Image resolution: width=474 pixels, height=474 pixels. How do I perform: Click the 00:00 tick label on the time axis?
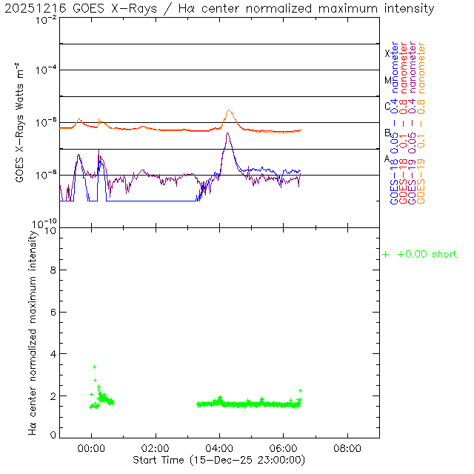pyautogui.click(x=92, y=448)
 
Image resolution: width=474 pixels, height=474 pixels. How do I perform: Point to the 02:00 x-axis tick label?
pyautogui.click(x=156, y=448)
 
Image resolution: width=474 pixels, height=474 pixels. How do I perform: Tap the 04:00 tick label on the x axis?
pyautogui.click(x=220, y=448)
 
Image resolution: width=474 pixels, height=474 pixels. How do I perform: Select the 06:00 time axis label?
pyautogui.click(x=284, y=448)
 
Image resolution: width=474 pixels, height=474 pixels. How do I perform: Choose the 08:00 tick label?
pyautogui.click(x=348, y=448)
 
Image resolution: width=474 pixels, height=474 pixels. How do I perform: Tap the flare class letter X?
pyautogui.click(x=387, y=53)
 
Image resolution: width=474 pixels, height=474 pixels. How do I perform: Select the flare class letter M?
pyautogui.click(x=387, y=80)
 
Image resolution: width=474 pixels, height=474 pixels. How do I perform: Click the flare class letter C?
pyautogui.click(x=387, y=106)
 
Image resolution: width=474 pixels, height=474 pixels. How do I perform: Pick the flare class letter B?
pyautogui.click(x=387, y=133)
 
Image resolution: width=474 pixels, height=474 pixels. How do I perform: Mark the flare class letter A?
pyautogui.click(x=387, y=158)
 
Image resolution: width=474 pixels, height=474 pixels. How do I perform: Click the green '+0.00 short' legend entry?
pyautogui.click(x=420, y=255)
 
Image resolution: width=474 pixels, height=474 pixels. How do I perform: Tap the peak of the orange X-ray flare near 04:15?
pyautogui.click(x=230, y=110)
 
